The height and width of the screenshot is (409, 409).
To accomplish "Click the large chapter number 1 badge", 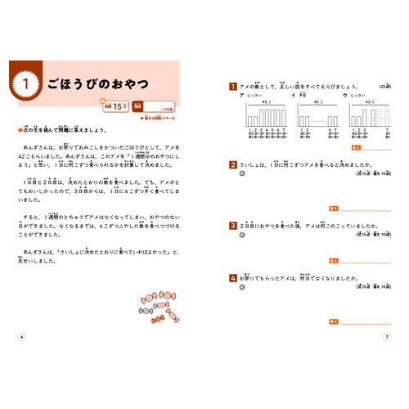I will coord(25,83).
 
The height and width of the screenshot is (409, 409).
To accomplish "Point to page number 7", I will coord(387,335).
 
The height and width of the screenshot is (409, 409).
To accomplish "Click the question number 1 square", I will coord(233,85).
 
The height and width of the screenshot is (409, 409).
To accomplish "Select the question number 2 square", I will coord(233,164).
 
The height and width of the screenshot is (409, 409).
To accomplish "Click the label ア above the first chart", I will coord(242,95).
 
